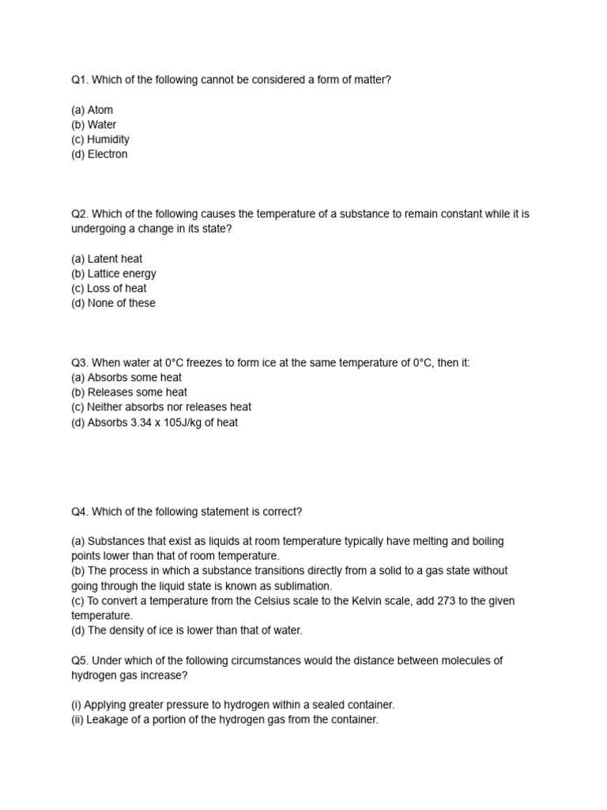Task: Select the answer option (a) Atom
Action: pos(92,110)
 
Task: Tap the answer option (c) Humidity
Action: pos(100,139)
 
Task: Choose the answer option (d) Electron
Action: pos(99,154)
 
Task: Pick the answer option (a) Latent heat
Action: pos(107,259)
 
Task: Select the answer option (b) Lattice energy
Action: pos(114,274)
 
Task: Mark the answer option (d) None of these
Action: pos(113,303)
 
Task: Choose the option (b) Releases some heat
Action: pos(129,392)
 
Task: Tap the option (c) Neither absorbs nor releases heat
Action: pos(161,407)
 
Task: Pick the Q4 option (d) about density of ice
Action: pos(187,630)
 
